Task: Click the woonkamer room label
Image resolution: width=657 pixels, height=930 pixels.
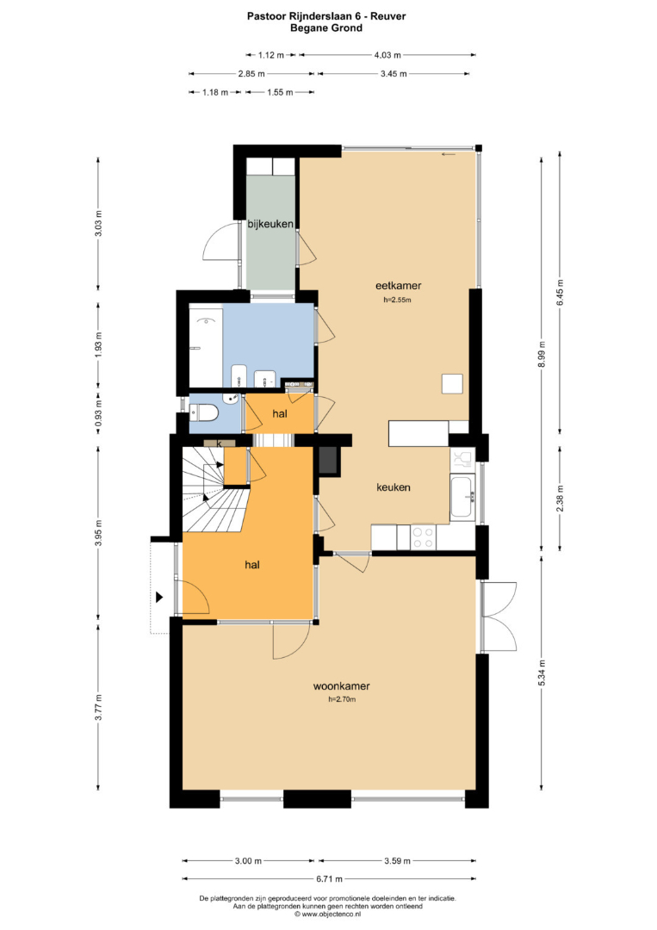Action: (341, 686)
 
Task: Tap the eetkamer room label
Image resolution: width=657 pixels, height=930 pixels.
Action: (398, 285)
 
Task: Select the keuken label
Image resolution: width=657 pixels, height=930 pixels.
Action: (394, 487)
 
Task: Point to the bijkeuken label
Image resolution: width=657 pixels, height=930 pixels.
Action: (270, 224)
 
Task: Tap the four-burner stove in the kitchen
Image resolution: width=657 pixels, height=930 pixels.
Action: (424, 537)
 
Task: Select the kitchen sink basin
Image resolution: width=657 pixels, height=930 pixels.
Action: (462, 497)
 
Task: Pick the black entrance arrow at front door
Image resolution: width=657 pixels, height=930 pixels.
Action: (159, 598)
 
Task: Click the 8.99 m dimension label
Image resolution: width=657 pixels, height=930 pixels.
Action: (541, 355)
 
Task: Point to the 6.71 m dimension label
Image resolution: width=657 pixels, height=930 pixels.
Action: (329, 879)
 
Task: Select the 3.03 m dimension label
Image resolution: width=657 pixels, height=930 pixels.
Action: (98, 224)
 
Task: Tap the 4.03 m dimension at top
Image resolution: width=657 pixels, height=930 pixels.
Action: (387, 55)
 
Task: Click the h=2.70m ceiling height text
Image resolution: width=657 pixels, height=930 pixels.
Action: (342, 699)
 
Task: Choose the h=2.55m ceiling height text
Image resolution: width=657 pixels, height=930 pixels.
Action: (397, 300)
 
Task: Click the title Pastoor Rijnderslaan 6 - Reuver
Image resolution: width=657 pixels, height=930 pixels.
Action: (326, 16)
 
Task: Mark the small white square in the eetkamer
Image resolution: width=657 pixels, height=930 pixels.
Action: (452, 384)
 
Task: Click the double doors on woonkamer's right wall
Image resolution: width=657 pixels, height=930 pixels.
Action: (499, 617)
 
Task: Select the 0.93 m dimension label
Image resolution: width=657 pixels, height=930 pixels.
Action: (98, 412)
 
